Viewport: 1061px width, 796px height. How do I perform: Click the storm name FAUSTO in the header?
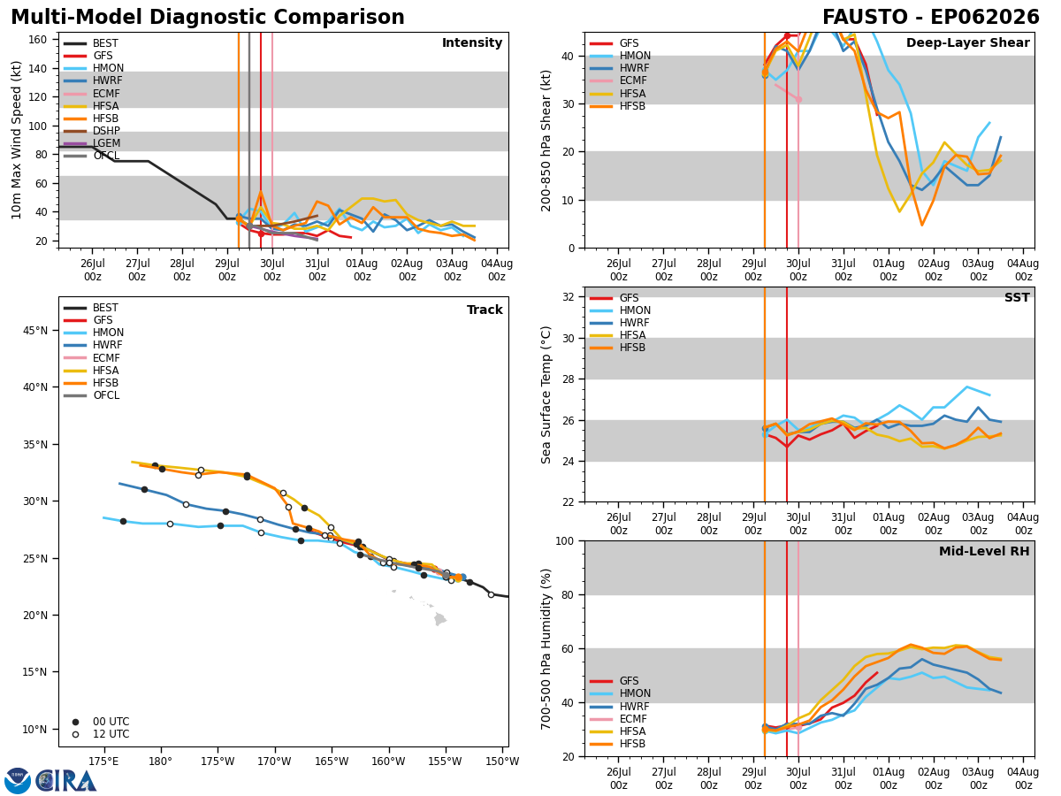pyautogui.click(x=866, y=18)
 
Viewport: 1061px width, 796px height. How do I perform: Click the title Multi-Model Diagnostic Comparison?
pyautogui.click(x=208, y=18)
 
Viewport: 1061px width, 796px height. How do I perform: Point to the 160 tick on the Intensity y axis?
pyautogui.click(x=38, y=40)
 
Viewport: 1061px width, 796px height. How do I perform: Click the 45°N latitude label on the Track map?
pyautogui.click(x=35, y=331)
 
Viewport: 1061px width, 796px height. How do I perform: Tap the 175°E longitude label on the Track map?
pyautogui.click(x=103, y=762)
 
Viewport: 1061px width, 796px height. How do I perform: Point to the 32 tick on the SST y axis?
pyautogui.click(x=569, y=297)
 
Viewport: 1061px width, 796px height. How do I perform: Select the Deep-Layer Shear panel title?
pyautogui.click(x=967, y=43)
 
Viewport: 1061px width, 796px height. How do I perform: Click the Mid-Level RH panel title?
pyautogui.click(x=984, y=551)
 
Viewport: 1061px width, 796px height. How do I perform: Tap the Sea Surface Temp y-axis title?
pyautogui.click(x=546, y=395)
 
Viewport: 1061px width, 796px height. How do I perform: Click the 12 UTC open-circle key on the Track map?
pyautogui.click(x=75, y=735)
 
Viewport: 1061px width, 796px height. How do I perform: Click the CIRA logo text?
pyautogui.click(x=65, y=781)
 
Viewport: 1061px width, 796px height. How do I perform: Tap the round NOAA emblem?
pyautogui.click(x=18, y=780)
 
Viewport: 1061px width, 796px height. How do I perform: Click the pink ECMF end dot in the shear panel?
pyautogui.click(x=798, y=100)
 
